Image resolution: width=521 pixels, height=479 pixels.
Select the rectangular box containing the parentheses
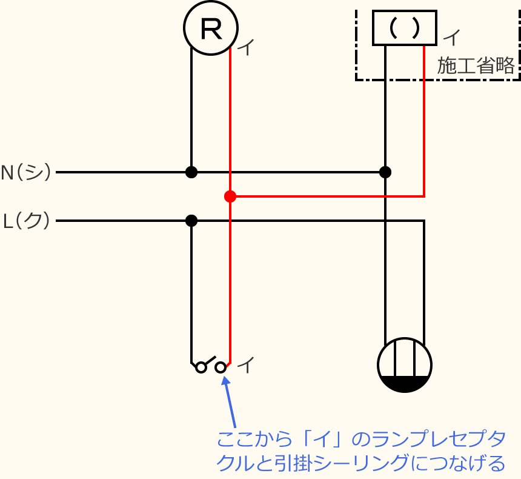[404, 28]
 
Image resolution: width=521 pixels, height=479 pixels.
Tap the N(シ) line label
[26, 173]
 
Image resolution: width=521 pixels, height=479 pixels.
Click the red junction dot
[230, 196]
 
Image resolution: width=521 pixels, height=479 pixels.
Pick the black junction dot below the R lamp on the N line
[191, 172]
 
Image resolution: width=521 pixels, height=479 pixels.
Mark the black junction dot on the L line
[191, 221]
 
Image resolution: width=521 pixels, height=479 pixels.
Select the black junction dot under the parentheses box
[385, 172]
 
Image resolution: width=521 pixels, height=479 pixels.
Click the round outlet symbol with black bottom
[405, 365]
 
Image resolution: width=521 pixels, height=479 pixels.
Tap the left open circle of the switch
[201, 367]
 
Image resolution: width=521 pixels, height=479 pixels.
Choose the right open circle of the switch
[221, 367]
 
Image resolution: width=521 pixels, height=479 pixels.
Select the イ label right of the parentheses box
[452, 38]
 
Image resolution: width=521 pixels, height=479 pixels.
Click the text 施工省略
[476, 65]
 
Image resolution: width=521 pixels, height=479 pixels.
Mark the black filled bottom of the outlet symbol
[405, 383]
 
